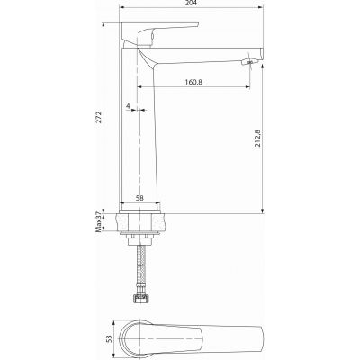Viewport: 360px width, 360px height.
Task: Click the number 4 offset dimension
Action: [x=130, y=108]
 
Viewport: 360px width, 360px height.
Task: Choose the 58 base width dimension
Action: [x=139, y=199]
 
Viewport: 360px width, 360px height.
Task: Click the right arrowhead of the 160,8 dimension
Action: [x=247, y=87]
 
